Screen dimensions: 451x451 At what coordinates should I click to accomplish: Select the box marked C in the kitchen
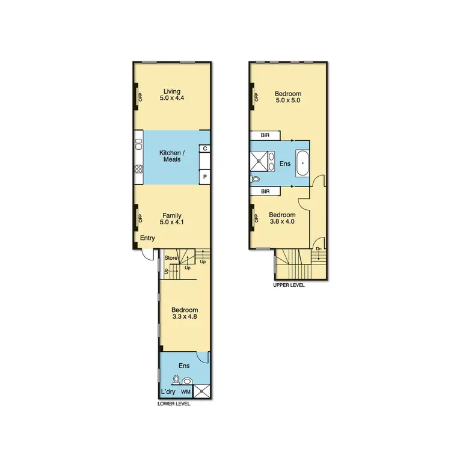pyautogui.click(x=205, y=149)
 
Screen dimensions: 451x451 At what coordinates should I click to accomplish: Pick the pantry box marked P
pyautogui.click(x=205, y=177)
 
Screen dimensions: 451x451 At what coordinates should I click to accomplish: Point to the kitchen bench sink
pyautogui.click(x=139, y=144)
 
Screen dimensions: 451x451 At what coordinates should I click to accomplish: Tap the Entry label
pyautogui.click(x=147, y=239)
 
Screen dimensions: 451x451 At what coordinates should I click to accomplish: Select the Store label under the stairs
pyautogui.click(x=171, y=258)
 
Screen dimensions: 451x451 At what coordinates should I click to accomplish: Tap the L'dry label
pyautogui.click(x=168, y=392)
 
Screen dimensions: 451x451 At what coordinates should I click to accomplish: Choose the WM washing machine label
pyautogui.click(x=186, y=392)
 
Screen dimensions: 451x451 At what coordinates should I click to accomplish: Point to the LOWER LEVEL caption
pyautogui.click(x=174, y=404)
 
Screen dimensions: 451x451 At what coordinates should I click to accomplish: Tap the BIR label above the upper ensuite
pyautogui.click(x=265, y=135)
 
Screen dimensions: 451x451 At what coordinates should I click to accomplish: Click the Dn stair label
pyautogui.click(x=318, y=248)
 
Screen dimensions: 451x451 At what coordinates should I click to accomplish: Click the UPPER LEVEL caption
pyautogui.click(x=289, y=285)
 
